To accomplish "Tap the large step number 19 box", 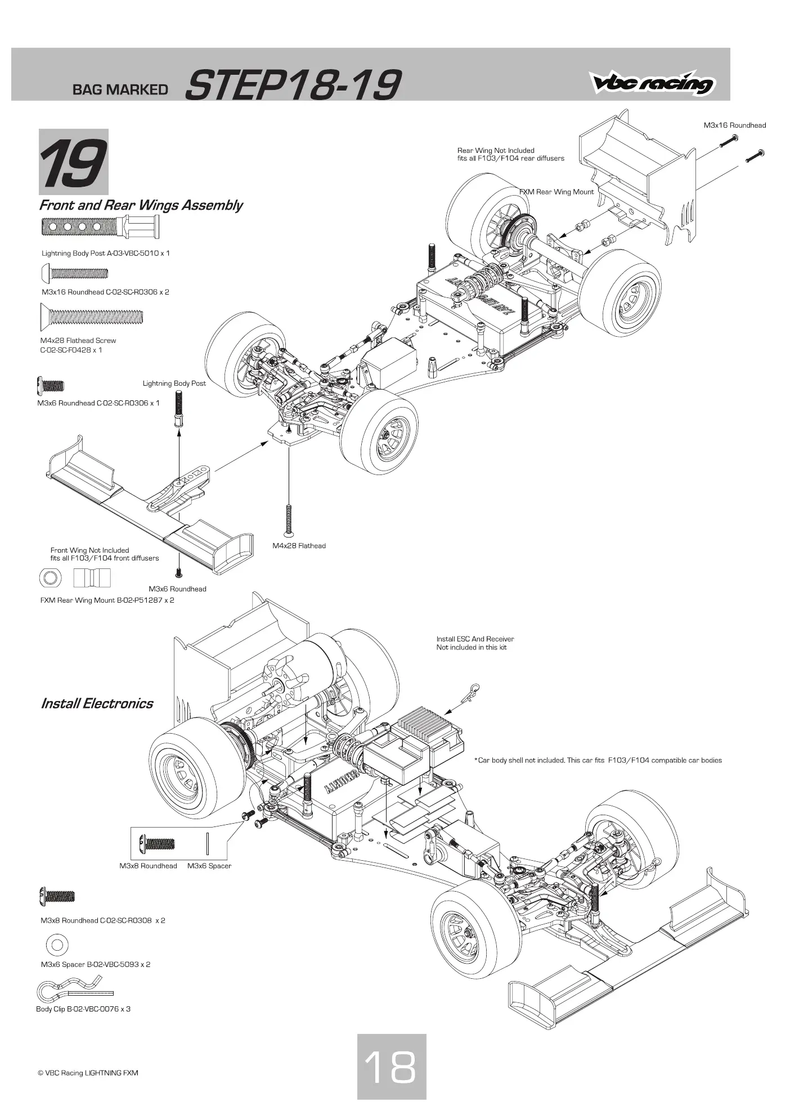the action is point(73,162).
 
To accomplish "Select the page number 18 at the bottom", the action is point(392,1067).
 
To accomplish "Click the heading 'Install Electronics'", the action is point(97,703).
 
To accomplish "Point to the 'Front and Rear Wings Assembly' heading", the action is point(141,205).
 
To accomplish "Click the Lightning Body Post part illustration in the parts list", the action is point(101,227).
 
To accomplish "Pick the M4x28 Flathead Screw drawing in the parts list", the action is point(92,317).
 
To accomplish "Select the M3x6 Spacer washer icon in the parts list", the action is point(57,945).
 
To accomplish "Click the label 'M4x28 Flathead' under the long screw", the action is point(299,545).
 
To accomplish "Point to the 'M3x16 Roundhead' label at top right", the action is point(735,125).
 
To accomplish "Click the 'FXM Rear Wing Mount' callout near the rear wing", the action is point(556,192).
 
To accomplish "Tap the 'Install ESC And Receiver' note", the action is point(475,639).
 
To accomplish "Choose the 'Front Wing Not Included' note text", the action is point(89,550).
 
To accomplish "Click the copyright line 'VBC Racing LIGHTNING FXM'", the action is point(88,1073).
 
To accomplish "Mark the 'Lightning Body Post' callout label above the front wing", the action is point(174,383).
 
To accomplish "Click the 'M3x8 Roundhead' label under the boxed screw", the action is point(148,866).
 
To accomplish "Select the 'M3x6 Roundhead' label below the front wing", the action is point(177,589).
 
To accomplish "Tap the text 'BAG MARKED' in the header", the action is point(120,89).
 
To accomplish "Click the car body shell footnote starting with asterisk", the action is point(598,760).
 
